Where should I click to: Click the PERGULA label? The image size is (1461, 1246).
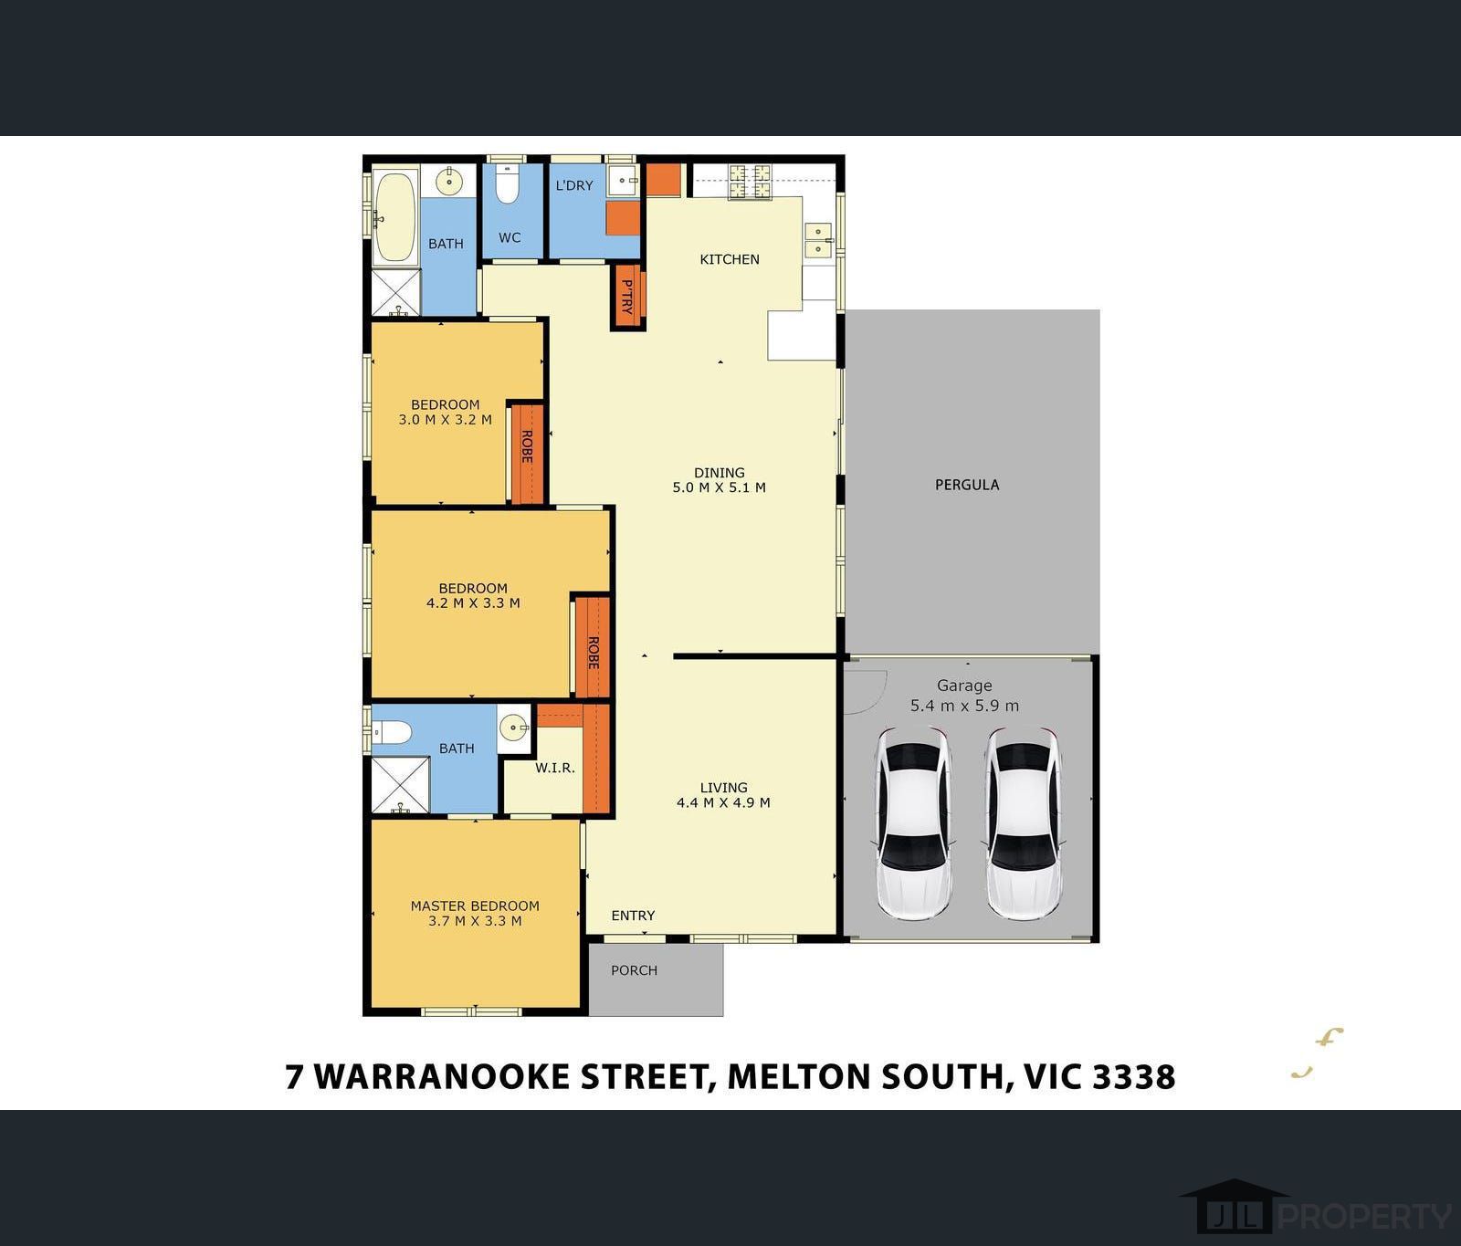click(x=966, y=485)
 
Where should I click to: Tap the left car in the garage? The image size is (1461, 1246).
click(x=913, y=822)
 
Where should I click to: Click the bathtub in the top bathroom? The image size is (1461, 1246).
click(x=394, y=218)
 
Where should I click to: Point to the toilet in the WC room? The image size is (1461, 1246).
click(x=507, y=186)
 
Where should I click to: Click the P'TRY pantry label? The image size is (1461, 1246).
click(x=627, y=297)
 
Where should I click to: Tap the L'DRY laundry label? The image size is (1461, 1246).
click(x=574, y=185)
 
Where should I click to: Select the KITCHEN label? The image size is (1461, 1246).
click(x=729, y=259)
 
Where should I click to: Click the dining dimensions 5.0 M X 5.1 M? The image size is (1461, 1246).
click(x=719, y=487)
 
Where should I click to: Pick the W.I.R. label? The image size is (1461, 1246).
click(x=555, y=768)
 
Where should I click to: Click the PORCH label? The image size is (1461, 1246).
click(x=634, y=970)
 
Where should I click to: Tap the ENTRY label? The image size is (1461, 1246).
click(x=633, y=916)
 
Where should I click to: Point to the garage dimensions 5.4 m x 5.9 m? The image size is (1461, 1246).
click(x=964, y=706)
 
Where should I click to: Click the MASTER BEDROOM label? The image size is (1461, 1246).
click(x=475, y=906)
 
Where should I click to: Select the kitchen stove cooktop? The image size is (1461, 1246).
click(x=749, y=181)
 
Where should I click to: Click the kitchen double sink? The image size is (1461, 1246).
click(x=818, y=239)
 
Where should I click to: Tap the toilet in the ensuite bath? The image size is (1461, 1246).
click(x=392, y=732)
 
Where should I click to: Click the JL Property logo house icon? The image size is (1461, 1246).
click(x=1234, y=1207)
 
